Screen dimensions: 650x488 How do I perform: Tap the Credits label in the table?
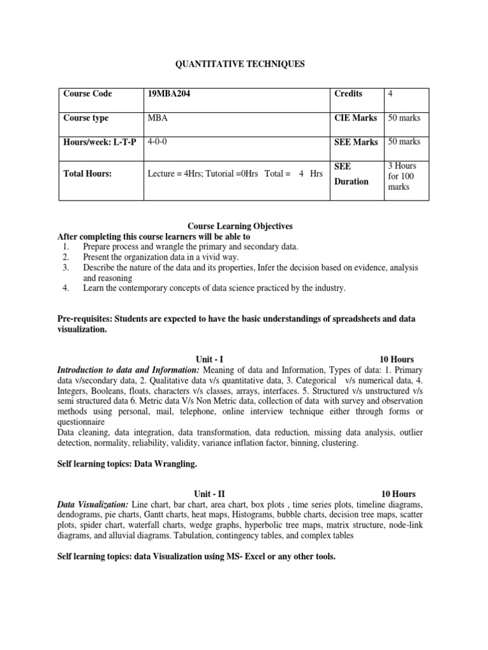click(x=348, y=94)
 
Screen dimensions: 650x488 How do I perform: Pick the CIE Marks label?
click(x=356, y=118)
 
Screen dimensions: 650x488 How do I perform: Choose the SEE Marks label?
click(x=356, y=142)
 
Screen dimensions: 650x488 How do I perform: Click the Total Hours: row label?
click(x=87, y=173)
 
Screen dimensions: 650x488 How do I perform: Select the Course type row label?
click(x=86, y=118)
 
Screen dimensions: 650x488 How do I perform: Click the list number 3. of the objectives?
click(x=65, y=268)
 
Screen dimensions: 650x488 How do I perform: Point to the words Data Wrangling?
click(x=168, y=465)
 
